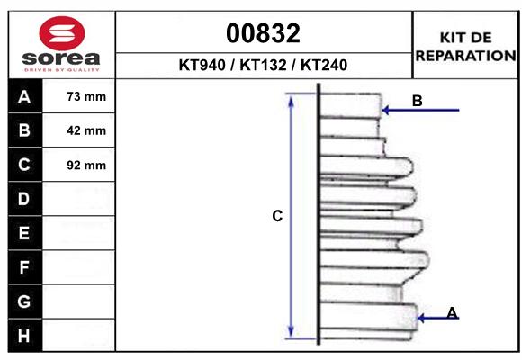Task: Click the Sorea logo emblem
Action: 61,34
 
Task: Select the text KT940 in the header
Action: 202,66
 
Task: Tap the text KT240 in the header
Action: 320,66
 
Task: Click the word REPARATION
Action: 465,55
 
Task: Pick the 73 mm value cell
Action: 86,96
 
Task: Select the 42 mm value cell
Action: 86,130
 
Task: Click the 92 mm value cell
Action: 86,165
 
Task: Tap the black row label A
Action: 24,96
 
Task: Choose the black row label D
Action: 24,199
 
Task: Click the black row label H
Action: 24,336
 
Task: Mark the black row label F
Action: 24,267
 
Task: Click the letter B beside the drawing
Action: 417,101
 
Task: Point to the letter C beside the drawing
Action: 278,216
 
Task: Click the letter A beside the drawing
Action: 453,312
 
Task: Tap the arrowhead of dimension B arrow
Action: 385,111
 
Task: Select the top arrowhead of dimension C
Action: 291,98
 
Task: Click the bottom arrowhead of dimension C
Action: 291,330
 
